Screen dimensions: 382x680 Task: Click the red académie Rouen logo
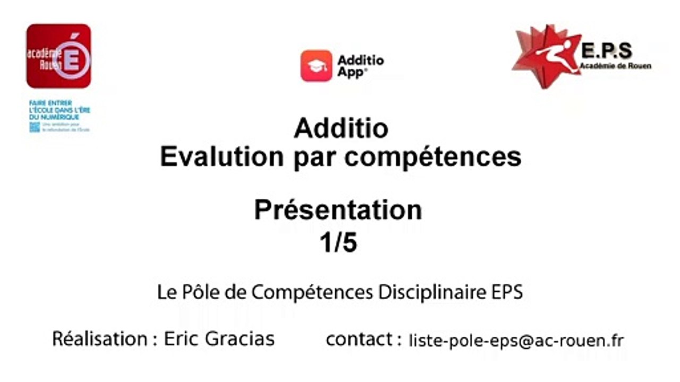pos(58,56)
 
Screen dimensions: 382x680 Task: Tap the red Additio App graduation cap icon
pos(316,66)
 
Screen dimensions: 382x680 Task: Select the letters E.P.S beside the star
pos(606,51)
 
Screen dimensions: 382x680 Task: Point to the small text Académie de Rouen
pos(616,66)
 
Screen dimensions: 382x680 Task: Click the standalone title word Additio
pos(341,128)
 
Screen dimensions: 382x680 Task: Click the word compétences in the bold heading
pos(434,157)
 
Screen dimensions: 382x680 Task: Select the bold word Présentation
pos(338,210)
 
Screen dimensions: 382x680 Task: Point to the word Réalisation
pos(100,338)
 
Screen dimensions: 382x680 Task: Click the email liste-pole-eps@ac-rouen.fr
pos(516,340)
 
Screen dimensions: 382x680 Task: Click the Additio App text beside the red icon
pos(360,66)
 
